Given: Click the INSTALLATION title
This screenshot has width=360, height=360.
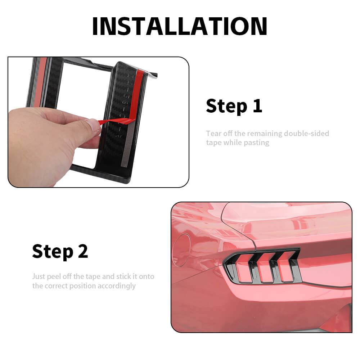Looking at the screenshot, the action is (180, 26).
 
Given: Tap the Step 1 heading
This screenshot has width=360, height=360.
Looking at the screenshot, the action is (234, 106).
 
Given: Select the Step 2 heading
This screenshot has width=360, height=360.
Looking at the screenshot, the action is (60, 251).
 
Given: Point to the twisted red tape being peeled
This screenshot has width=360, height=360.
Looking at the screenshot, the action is (116, 121).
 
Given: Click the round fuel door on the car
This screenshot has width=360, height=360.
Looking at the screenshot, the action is (181, 250).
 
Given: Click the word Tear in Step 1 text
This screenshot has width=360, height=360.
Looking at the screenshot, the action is (214, 134).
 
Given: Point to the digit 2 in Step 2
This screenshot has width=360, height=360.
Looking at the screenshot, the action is (83, 251).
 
